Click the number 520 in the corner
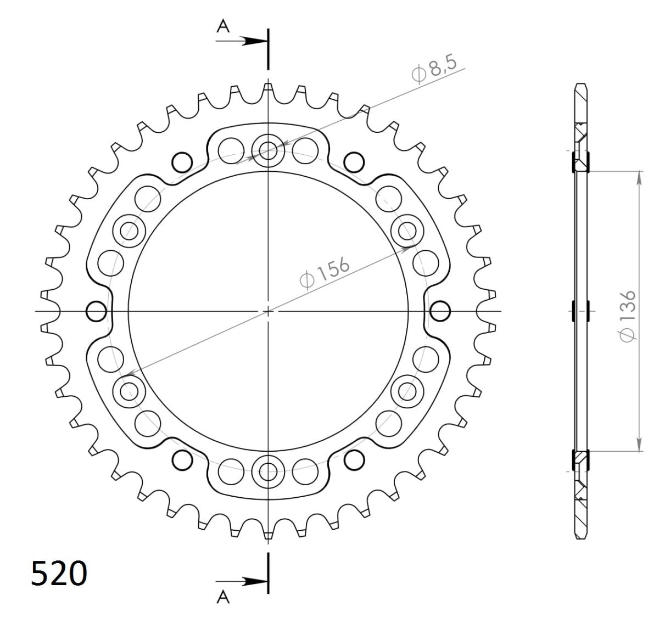(x=59, y=575)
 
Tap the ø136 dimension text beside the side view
(x=627, y=316)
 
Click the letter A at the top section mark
(x=222, y=26)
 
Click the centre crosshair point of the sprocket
(x=268, y=311)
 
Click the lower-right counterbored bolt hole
(x=407, y=391)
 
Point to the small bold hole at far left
(x=96, y=311)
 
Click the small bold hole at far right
(x=439, y=311)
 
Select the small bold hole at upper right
(x=353, y=161)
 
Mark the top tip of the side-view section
(x=581, y=86)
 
